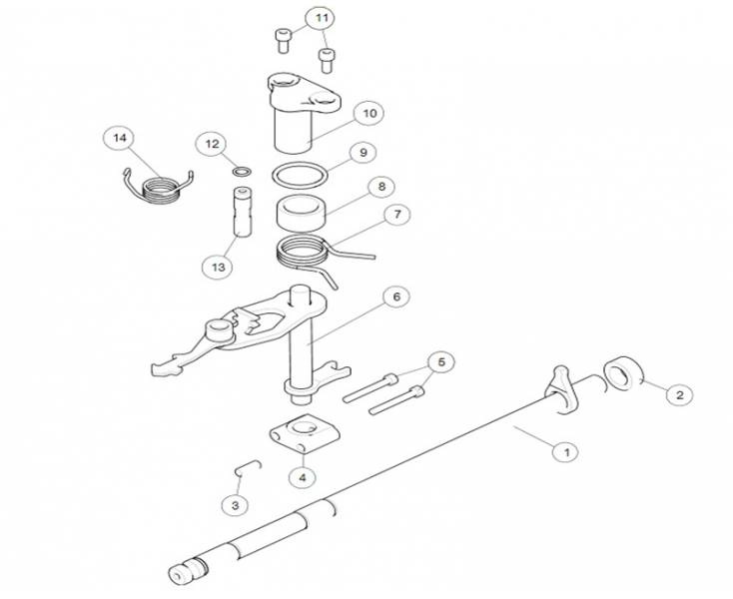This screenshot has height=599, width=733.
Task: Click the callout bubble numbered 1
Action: [x=565, y=451]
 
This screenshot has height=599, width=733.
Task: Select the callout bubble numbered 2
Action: [x=679, y=395]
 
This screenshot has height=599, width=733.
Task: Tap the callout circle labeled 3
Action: [x=235, y=506]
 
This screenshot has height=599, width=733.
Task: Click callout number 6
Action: [x=395, y=297]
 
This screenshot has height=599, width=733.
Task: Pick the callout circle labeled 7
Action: [x=396, y=215]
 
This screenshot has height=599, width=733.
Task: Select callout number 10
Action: [x=368, y=114]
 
